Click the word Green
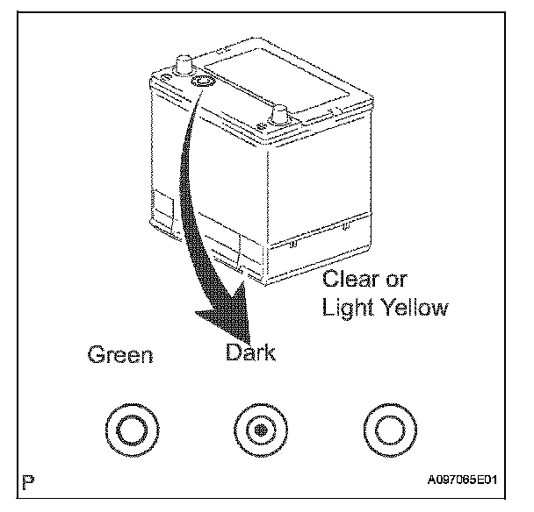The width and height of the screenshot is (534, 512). tap(120, 355)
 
